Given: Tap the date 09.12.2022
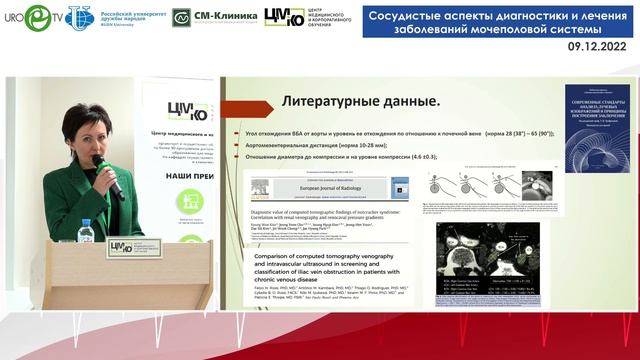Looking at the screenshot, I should (x=599, y=46).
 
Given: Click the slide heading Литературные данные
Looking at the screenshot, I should (x=361, y=101).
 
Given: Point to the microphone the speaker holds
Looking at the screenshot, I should (x=108, y=175).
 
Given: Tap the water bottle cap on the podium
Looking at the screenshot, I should (x=86, y=223).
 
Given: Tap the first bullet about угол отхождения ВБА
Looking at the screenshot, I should (x=400, y=132).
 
